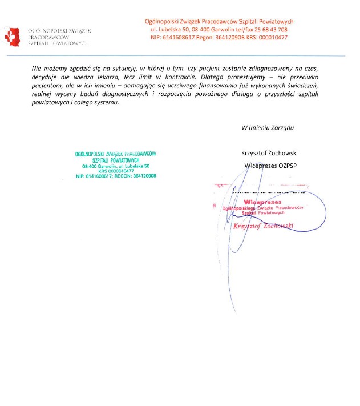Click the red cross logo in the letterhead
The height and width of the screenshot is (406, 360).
click(x=11, y=36)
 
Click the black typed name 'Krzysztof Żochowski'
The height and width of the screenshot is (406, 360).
click(x=270, y=153)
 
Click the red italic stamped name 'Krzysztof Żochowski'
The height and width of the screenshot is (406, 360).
click(x=263, y=226)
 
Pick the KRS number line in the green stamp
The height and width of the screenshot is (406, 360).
click(x=115, y=171)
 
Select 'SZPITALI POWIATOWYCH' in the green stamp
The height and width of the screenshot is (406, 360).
click(x=116, y=160)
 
